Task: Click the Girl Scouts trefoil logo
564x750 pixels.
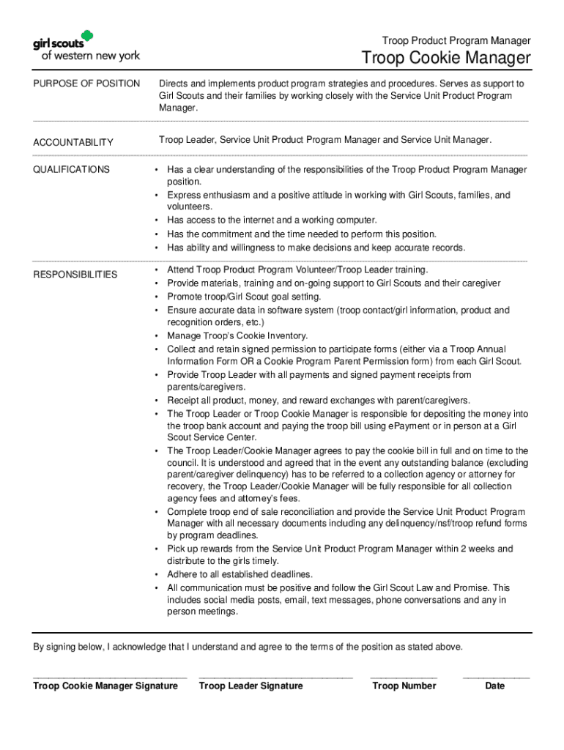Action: pos(87,37)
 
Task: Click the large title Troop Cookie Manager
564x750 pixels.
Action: pos(445,59)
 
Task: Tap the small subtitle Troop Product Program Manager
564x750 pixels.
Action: pos(456,40)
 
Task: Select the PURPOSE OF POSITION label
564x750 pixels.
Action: pos(86,83)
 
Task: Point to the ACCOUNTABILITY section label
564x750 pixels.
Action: pos(73,142)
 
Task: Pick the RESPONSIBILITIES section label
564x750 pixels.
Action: pos(75,275)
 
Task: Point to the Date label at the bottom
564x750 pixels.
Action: pos(495,686)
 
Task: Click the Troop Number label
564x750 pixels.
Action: pos(404,686)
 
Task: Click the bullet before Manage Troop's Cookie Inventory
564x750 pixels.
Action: pos(157,336)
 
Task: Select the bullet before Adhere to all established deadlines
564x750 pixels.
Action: pos(157,574)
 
